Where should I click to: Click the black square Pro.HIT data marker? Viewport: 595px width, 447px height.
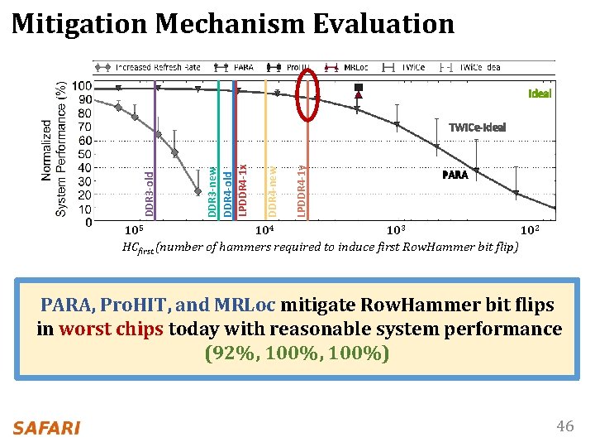coord(359,87)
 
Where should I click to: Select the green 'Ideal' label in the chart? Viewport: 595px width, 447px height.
coord(539,94)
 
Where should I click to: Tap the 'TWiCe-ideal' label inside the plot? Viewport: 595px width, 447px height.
coord(477,127)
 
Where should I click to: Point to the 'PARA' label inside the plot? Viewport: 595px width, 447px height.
coord(455,175)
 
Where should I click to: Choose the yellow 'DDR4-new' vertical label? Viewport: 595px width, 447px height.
coord(273,191)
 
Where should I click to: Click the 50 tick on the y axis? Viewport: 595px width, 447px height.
coord(83,154)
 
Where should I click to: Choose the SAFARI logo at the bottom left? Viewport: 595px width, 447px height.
coord(46,427)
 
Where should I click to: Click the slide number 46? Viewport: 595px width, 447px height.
coord(564,426)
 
